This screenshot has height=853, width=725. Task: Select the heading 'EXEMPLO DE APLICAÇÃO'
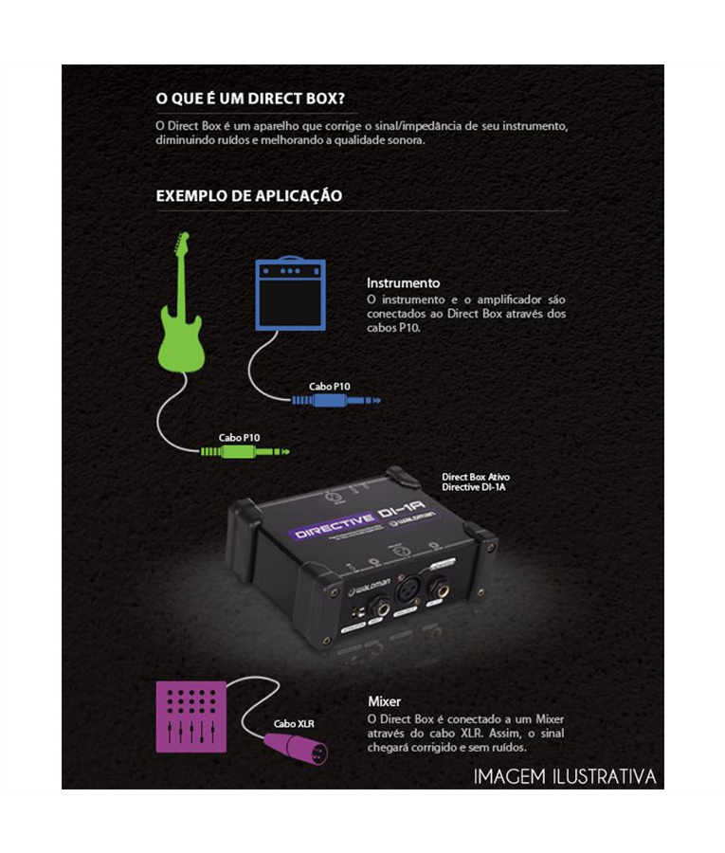coord(248,196)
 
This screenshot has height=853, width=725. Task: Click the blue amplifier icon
coord(291,295)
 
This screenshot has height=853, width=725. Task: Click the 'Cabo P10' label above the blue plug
coord(329,386)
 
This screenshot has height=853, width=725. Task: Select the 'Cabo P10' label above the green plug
coord(239,437)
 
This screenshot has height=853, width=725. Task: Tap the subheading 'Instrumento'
coord(403,282)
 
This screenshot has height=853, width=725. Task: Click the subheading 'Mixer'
coord(384,701)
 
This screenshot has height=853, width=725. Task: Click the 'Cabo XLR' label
coord(294,723)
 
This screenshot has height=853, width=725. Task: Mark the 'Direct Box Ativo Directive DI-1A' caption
coord(477,481)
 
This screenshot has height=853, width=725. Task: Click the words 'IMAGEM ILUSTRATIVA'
coord(565,777)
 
